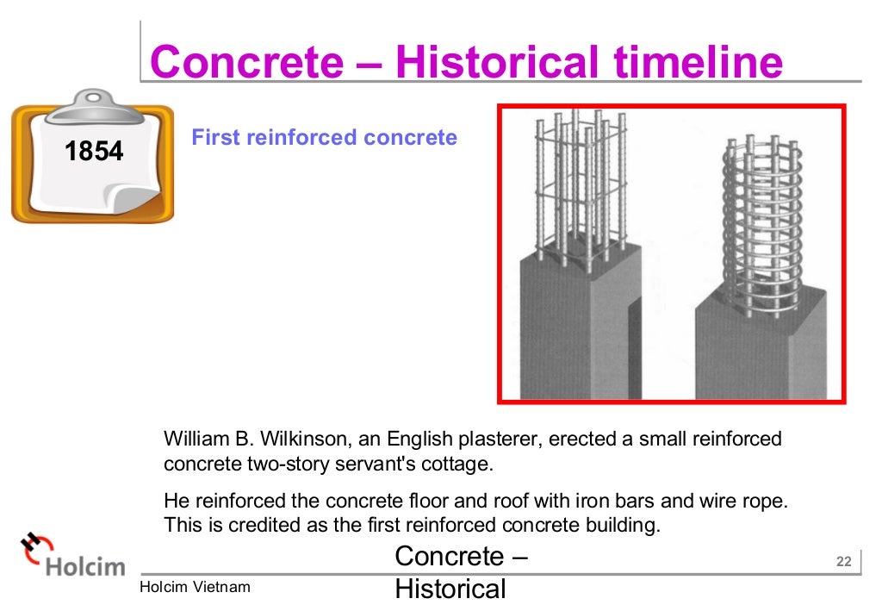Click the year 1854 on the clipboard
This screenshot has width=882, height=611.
point(94,153)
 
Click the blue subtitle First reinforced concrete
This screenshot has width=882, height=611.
point(324,137)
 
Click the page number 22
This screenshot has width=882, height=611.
point(843,563)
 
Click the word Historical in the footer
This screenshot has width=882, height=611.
point(450,589)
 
